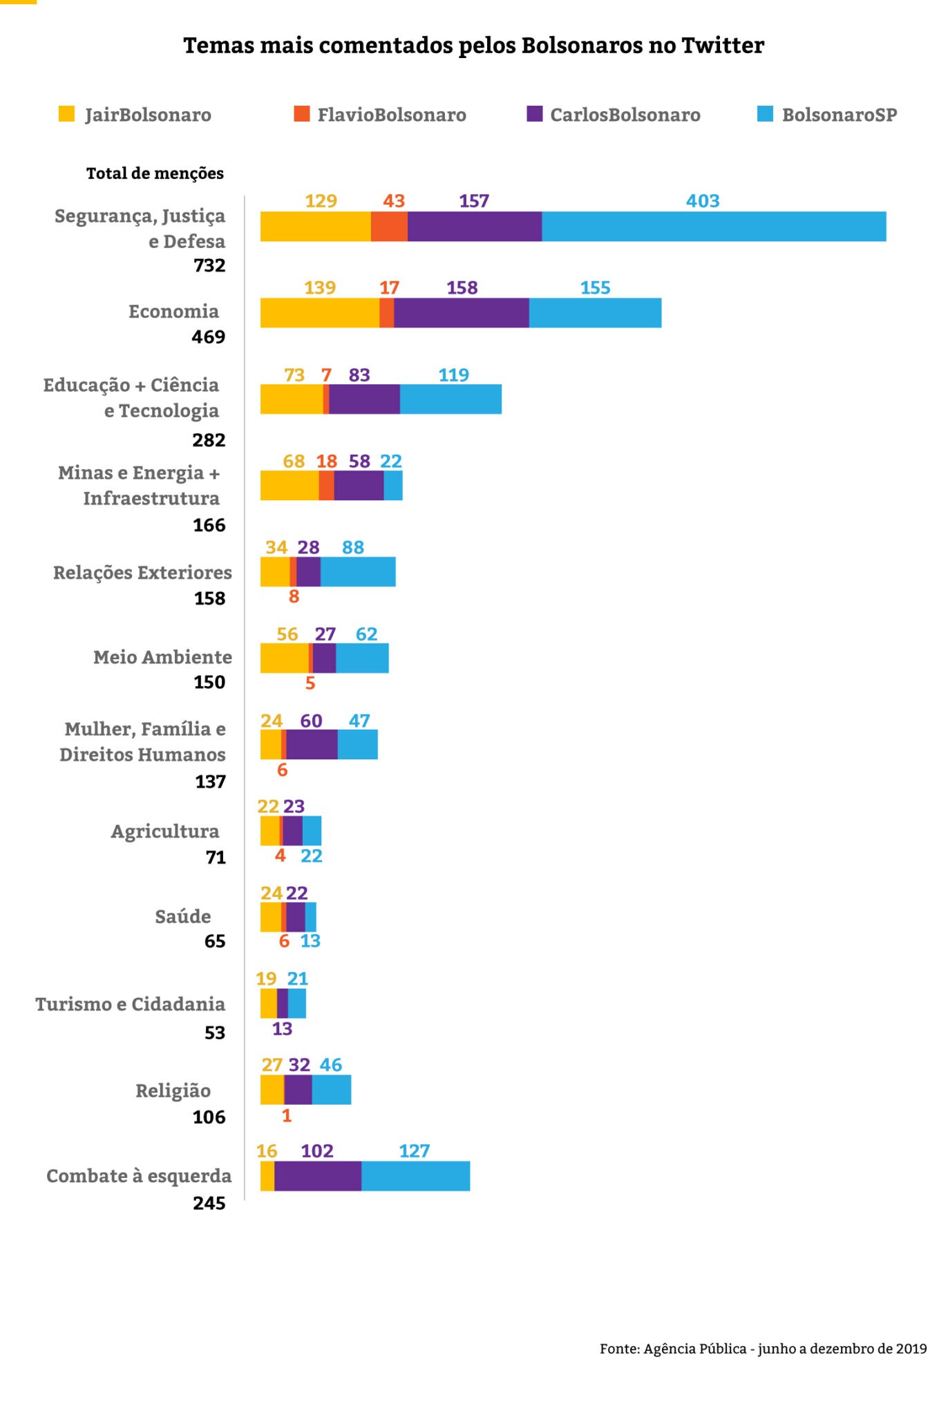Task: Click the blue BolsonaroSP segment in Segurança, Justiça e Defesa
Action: [x=714, y=227]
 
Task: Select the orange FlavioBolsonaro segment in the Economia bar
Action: [x=387, y=313]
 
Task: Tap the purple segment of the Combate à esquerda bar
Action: [x=318, y=1176]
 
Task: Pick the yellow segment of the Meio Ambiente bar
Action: [x=284, y=658]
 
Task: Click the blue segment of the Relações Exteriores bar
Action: [x=358, y=572]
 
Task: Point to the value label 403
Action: [x=703, y=201]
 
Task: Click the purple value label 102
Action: [x=317, y=1151]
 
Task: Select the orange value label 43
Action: [x=394, y=201]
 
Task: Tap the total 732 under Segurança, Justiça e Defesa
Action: [x=209, y=265]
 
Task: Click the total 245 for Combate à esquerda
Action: [x=209, y=1203]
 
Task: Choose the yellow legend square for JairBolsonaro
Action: [x=66, y=114]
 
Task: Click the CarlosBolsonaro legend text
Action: [x=625, y=115]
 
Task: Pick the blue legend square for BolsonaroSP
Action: [x=765, y=114]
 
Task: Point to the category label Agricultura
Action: [x=165, y=831]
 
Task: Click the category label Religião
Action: [x=173, y=1091]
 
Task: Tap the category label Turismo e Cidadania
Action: [x=131, y=1004]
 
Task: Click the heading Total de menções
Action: [x=155, y=173]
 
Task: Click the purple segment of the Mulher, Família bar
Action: [x=312, y=745]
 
